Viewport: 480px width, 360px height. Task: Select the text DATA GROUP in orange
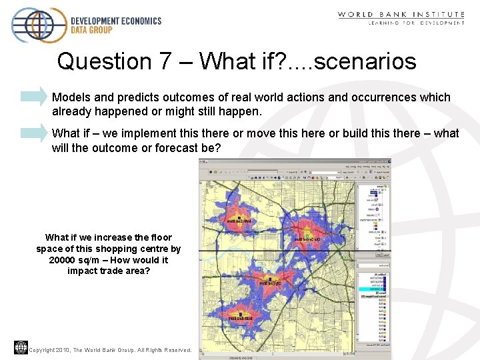pos(92,31)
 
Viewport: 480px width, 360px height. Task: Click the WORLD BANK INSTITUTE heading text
pos(401,14)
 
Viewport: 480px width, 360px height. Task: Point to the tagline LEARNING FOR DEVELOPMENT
pos(417,23)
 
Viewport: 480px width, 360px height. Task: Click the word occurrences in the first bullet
pos(387,97)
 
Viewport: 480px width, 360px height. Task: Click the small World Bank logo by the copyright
pos(21,347)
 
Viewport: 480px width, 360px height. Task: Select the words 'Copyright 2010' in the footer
pos(49,350)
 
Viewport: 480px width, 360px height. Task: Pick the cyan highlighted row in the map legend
pos(374,288)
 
